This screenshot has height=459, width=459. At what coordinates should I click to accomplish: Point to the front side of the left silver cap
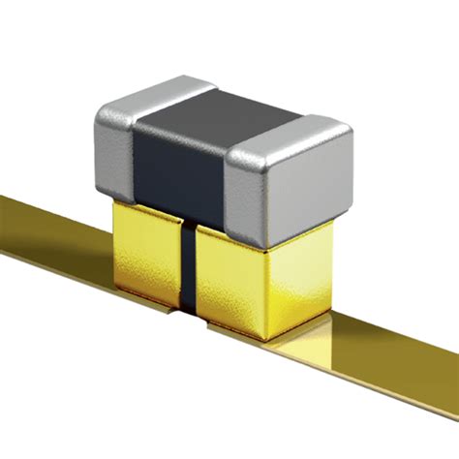113,155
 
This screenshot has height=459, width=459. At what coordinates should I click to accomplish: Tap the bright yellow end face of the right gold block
300,281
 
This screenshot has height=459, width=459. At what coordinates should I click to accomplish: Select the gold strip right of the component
387,358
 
